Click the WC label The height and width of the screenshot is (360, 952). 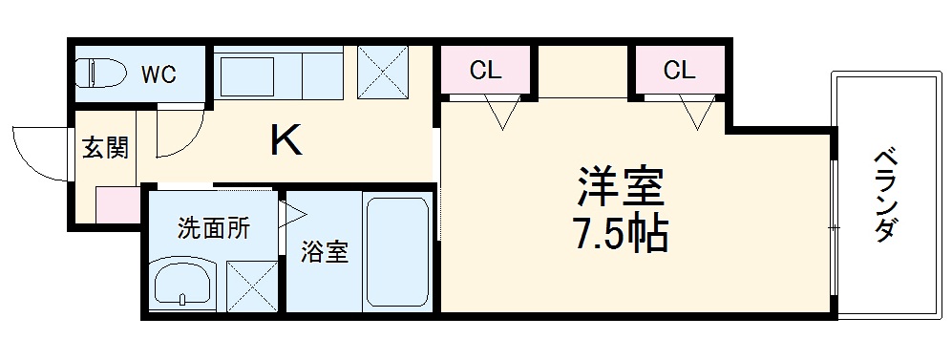pos(159,75)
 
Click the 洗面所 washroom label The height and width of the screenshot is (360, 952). pos(213,228)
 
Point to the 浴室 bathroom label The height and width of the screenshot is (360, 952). pos(326,252)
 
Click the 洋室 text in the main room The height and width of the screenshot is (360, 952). pos(620,186)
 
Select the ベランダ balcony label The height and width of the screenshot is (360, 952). pos(884,195)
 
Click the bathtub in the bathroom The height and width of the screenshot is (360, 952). pos(397,252)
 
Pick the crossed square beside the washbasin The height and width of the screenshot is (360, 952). pos(250,283)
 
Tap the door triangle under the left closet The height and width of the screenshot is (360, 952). pos(503,113)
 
